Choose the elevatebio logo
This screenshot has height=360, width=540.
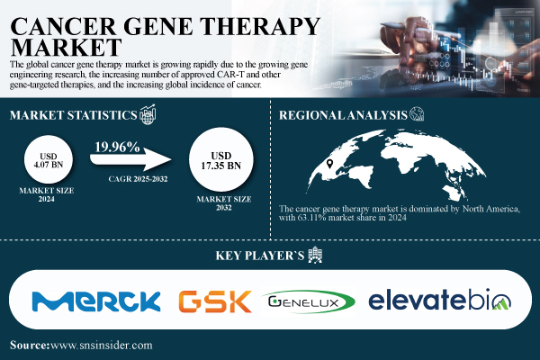click(x=440, y=301)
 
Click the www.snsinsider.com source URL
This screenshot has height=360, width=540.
click(x=102, y=345)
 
